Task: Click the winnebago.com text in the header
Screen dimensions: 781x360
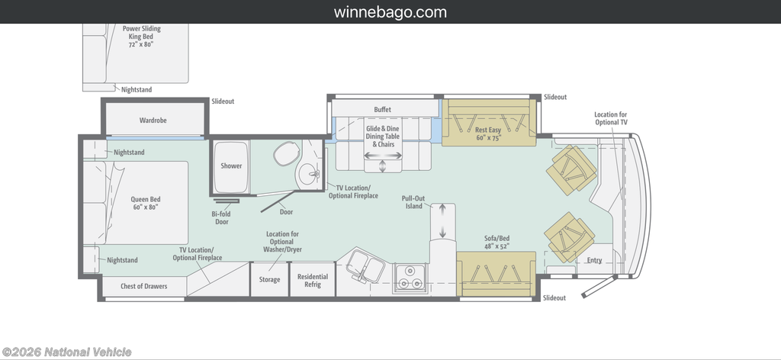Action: point(390,12)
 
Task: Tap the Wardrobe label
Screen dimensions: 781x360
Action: point(153,121)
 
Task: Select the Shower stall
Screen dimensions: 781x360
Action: point(231,166)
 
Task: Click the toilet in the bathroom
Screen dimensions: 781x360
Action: point(287,153)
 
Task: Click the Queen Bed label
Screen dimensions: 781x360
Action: point(146,203)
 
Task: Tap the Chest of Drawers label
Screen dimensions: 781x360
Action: point(144,286)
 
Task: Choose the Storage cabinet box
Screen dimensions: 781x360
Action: point(269,279)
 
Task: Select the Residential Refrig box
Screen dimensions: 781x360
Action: point(312,279)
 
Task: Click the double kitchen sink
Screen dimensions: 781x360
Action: point(365,266)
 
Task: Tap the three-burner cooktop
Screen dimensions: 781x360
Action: point(410,278)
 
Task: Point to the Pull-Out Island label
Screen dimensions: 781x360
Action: point(413,202)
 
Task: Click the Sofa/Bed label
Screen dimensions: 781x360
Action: point(497,242)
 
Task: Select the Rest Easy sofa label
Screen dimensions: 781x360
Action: point(487,133)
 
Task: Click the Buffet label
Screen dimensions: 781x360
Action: point(383,110)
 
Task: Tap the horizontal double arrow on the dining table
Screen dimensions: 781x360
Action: point(383,156)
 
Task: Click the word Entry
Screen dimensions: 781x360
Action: point(594,260)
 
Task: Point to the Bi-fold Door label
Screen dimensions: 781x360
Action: point(222,218)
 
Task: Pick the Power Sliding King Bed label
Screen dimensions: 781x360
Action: point(141,37)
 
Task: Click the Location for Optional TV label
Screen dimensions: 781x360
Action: point(610,118)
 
